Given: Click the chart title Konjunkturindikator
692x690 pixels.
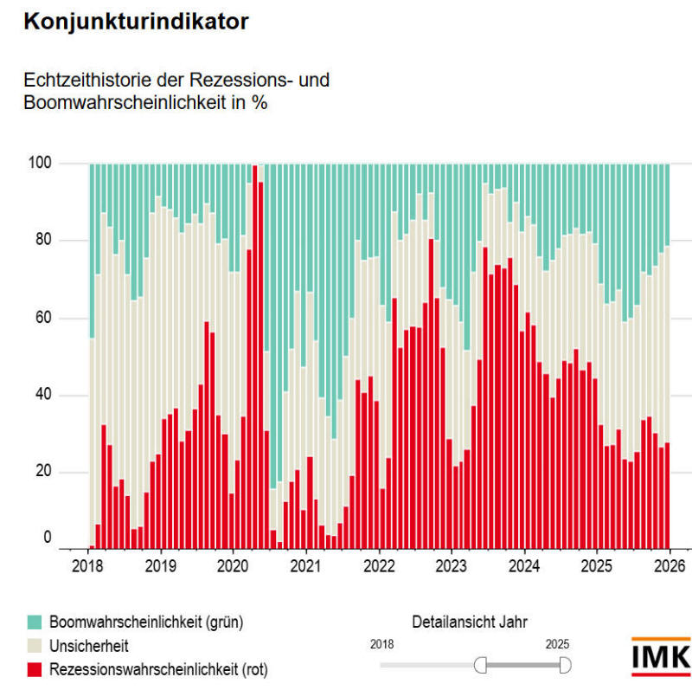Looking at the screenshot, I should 137,23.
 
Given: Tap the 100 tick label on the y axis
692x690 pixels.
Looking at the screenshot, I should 41,163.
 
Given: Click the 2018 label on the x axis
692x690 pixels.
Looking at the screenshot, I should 87,567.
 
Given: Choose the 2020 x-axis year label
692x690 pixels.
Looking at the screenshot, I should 233,567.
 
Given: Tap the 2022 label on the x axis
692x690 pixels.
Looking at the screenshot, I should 379,567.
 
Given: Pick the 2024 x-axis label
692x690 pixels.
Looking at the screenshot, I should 524,567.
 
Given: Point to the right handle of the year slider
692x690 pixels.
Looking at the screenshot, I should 566,664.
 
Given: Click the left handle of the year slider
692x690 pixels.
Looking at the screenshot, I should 481,664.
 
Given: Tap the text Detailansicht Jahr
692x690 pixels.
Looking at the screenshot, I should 469,622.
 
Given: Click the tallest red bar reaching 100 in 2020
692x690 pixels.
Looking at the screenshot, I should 255,355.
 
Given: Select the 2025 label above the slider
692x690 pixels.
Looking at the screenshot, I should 557,644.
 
